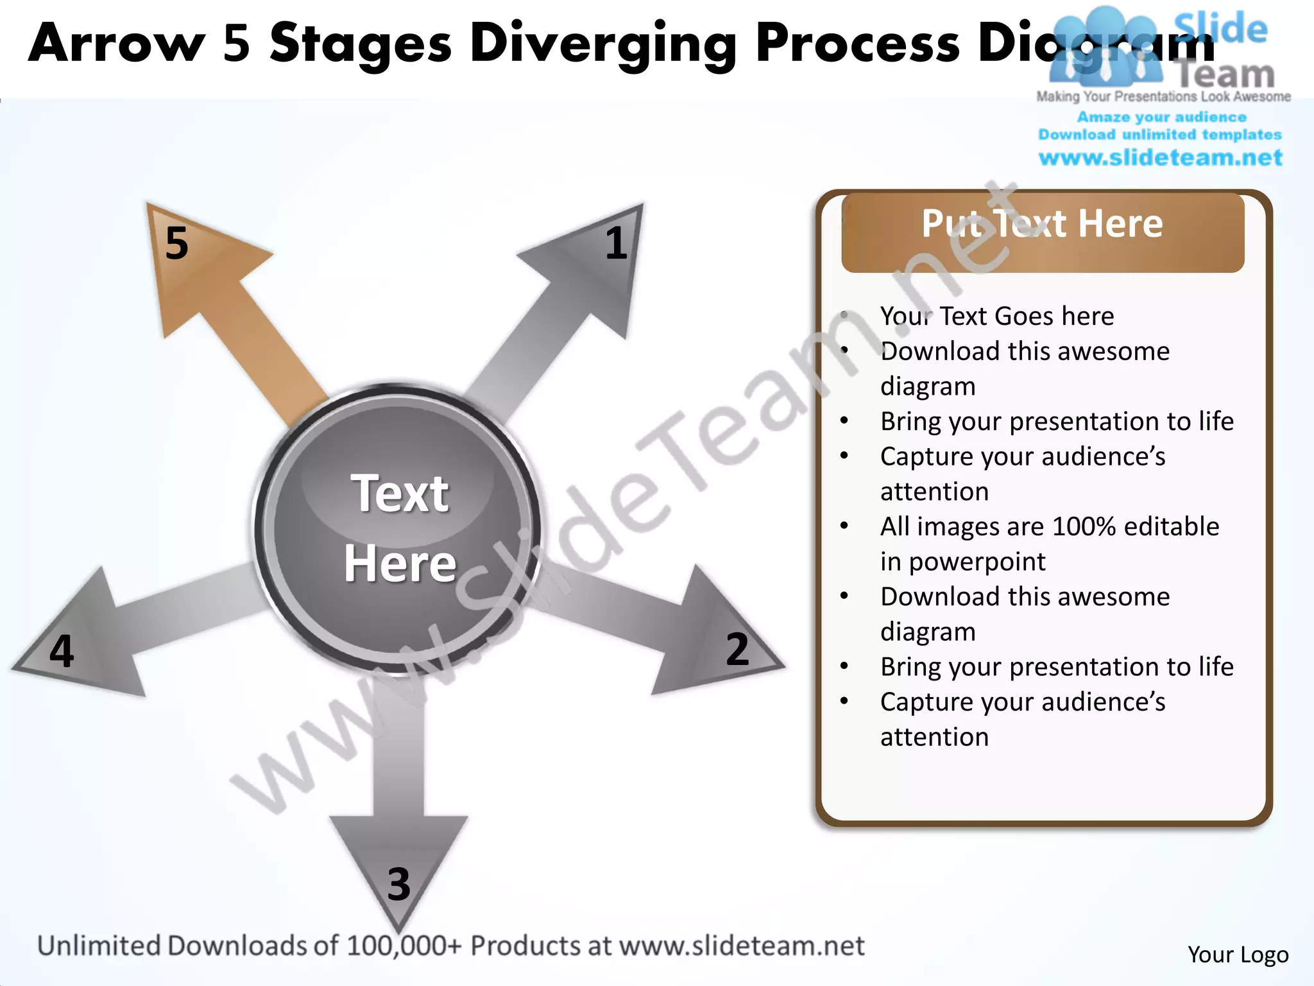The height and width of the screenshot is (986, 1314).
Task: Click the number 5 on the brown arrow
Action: (176, 243)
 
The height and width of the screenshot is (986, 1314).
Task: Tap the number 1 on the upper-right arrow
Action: (616, 243)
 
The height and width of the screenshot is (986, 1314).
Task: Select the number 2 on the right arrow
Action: (737, 649)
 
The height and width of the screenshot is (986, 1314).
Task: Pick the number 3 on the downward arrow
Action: (398, 884)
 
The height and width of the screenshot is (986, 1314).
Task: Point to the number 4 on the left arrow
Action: (62, 651)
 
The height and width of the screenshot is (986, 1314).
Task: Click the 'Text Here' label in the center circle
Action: (400, 528)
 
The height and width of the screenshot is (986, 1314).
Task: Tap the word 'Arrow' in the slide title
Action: (115, 44)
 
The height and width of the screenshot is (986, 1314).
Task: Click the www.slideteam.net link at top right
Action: (1160, 158)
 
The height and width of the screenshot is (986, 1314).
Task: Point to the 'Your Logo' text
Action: (1238, 955)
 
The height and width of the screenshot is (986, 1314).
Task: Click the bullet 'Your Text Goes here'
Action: (997, 316)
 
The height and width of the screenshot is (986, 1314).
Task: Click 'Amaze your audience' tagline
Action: (1161, 117)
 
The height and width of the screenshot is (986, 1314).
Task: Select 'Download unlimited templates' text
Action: (1160, 135)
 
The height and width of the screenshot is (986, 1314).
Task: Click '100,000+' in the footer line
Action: (404, 946)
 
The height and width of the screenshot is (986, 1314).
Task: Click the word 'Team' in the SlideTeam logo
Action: (1226, 74)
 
